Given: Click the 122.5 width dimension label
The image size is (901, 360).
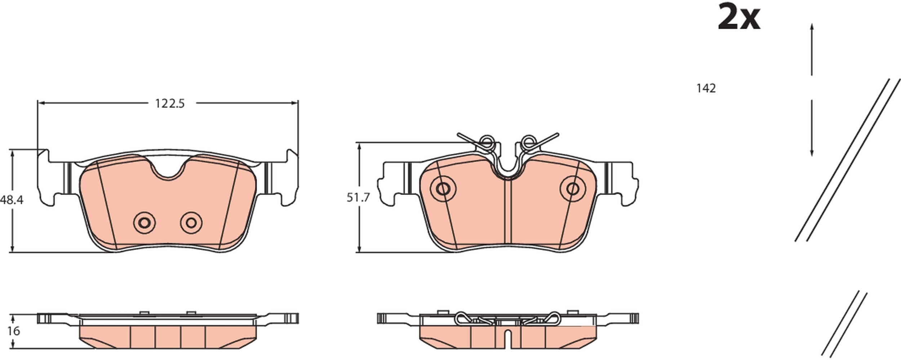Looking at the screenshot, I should pos(169,104).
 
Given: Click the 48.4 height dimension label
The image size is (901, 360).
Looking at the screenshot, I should pos(12,200).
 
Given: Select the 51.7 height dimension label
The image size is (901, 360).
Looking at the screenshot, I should pos(358,197).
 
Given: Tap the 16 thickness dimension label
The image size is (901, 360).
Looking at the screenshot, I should pos(14,331).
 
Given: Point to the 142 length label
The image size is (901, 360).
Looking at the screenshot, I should pos(706,88).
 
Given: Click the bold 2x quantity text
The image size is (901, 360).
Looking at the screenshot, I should pos(739,17).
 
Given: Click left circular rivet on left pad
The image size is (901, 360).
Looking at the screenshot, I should pos(144,223).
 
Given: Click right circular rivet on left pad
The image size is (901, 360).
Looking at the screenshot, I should pos(191,223).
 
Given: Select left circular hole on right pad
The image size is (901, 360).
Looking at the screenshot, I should pos(443,188).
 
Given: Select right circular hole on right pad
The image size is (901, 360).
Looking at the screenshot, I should pos(573,188).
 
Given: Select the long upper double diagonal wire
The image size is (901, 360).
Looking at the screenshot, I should pos(847,160).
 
